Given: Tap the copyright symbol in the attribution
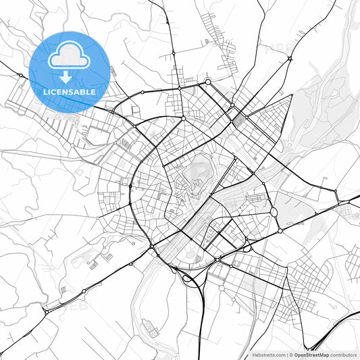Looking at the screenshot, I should (291, 354).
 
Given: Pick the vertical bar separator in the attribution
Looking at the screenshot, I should (286, 354).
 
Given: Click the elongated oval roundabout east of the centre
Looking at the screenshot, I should (274, 213).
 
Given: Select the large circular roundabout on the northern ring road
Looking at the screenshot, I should (208, 82).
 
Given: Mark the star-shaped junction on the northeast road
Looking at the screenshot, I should (290, 59).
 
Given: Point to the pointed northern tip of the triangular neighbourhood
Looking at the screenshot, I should (292, 95).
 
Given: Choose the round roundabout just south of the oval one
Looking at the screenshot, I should (280, 231).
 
